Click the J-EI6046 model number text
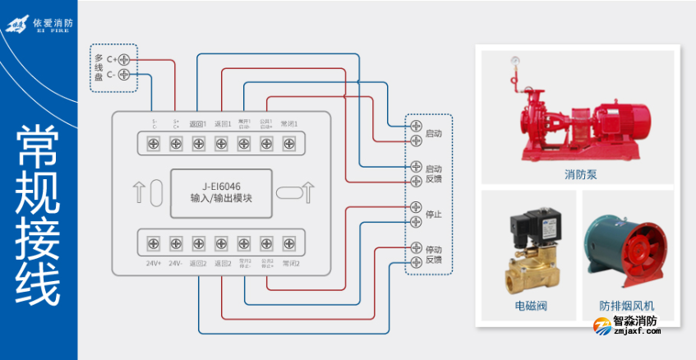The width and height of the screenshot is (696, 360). point(221,187)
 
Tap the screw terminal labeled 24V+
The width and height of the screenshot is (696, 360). point(153,243)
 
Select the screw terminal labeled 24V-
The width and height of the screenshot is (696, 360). point(175,243)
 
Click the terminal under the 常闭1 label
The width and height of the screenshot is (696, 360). point(288,143)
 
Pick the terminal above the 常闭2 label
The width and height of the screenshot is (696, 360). point(288,243)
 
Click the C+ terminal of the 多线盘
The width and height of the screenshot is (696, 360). point(124,59)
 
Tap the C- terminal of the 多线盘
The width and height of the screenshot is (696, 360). point(124,75)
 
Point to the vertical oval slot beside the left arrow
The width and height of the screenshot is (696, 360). point(155,194)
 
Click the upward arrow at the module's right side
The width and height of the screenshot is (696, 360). point(308,193)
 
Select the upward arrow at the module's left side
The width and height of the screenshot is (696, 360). point(138,194)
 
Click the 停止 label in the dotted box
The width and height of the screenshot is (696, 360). point(434,215)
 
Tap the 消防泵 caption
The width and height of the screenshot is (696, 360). point(579,174)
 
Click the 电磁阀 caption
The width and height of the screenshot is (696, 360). point(530,307)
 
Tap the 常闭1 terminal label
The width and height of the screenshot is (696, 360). point(288,124)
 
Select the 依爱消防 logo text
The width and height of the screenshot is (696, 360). point(53,23)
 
